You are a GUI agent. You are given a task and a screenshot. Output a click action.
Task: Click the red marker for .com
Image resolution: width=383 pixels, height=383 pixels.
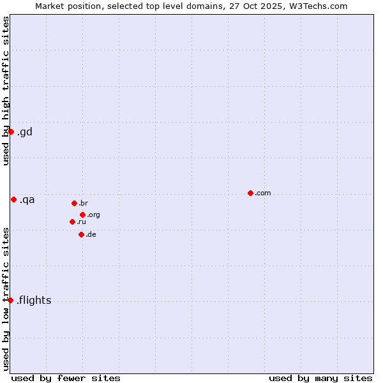pyautogui.click(x=250, y=193)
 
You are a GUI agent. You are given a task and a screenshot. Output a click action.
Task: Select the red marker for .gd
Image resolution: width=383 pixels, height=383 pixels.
pyautogui.click(x=11, y=131)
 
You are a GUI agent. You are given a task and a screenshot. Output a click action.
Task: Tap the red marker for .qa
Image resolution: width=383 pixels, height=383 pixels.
pyautogui.click(x=13, y=199)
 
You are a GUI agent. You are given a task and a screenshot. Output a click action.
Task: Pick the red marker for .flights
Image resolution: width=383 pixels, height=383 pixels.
pyautogui.click(x=10, y=300)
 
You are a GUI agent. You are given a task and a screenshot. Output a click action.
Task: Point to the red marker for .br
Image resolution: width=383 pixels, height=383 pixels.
pyautogui.click(x=74, y=203)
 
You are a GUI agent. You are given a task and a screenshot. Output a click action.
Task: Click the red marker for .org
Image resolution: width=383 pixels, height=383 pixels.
pyautogui.click(x=83, y=214)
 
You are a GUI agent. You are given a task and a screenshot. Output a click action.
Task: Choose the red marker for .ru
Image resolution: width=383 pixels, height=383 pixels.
pyautogui.click(x=72, y=222)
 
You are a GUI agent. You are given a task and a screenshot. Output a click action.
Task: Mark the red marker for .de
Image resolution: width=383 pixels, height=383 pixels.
pyautogui.click(x=81, y=234)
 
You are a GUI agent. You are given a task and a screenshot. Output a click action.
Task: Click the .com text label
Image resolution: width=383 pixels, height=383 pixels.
pyautogui.click(x=263, y=193)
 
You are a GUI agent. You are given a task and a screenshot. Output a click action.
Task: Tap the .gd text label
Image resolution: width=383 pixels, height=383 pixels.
pyautogui.click(x=24, y=132)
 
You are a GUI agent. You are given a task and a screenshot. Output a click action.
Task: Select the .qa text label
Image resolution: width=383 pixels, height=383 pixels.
pyautogui.click(x=27, y=200)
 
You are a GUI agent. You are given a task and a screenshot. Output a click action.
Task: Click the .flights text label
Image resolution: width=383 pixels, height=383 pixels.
pyautogui.click(x=34, y=301)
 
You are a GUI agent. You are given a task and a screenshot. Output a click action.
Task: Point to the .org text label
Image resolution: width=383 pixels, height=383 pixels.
pyautogui.click(x=93, y=215)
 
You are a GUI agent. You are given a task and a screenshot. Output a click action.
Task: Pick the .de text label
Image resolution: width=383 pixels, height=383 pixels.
pyautogui.click(x=91, y=235)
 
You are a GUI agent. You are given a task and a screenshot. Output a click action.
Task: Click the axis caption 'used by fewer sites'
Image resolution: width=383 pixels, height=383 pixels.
pyautogui.click(x=66, y=378)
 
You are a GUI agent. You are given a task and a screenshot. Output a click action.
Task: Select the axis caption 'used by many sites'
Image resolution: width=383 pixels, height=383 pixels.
pyautogui.click(x=320, y=378)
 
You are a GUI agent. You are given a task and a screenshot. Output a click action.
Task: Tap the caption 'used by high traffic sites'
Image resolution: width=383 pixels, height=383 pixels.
pyautogui.click(x=6, y=91)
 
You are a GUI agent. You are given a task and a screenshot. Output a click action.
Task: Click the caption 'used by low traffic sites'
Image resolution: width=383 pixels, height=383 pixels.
pyautogui.click(x=6, y=299)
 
